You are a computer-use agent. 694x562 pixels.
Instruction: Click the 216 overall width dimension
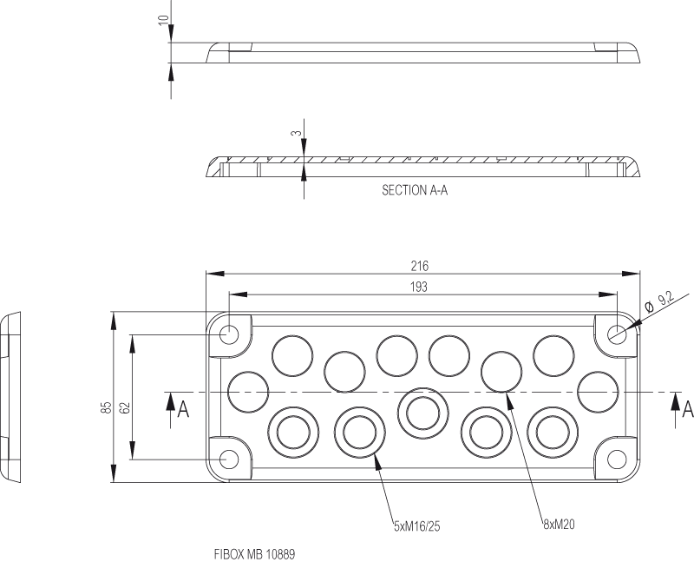(421, 266)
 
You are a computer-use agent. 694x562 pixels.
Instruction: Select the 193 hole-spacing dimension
(421, 287)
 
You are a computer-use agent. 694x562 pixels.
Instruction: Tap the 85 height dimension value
(105, 407)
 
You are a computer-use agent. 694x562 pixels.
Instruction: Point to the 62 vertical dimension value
(124, 407)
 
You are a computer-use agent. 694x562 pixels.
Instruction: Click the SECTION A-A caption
(415, 190)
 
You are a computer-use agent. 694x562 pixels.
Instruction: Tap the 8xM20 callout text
(560, 524)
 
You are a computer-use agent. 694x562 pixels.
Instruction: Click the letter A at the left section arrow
(183, 409)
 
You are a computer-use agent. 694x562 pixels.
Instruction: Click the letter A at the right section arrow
(688, 408)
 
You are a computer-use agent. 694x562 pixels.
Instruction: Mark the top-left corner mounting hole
(230, 334)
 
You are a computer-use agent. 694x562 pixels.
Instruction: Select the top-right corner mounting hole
(617, 334)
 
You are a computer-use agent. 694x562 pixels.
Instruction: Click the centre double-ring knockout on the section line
(423, 409)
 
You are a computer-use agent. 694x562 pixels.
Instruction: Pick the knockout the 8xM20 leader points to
(501, 372)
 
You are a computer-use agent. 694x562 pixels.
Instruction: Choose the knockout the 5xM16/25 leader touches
(360, 431)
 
